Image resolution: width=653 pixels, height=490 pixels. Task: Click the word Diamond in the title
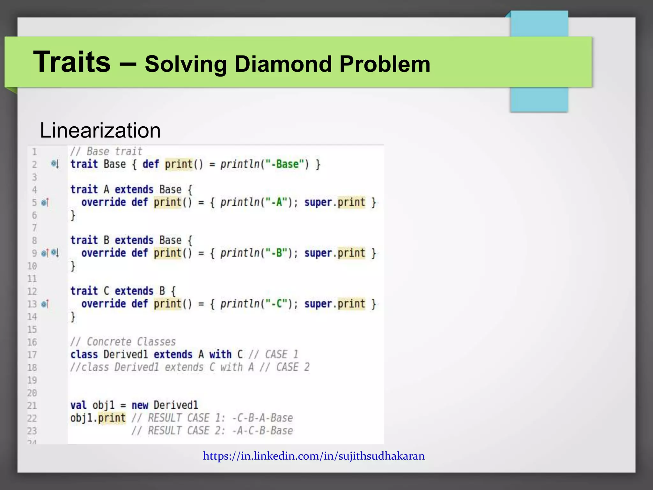283,64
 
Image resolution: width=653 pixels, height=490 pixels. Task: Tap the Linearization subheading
100,130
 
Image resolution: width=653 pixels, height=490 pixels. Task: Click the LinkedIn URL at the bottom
314,456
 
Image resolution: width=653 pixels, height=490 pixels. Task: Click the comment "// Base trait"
106,151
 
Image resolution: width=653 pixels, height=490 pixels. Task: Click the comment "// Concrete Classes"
123,342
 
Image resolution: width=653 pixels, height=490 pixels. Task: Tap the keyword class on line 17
84,354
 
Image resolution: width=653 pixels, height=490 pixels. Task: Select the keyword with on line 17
220,354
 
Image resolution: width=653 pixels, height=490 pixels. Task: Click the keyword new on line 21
140,405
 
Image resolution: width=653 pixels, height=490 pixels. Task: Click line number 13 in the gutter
32,304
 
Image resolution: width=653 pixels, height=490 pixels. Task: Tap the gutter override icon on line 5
45,202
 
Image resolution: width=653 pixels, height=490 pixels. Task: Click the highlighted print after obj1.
112,418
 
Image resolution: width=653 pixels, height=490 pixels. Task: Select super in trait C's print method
318,304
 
